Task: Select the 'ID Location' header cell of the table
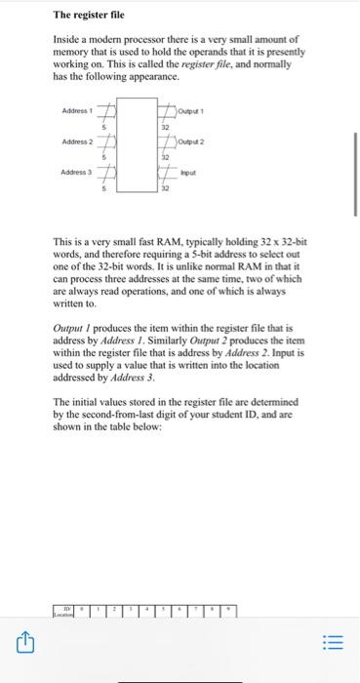pos(65,610)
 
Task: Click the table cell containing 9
pos(229,608)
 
